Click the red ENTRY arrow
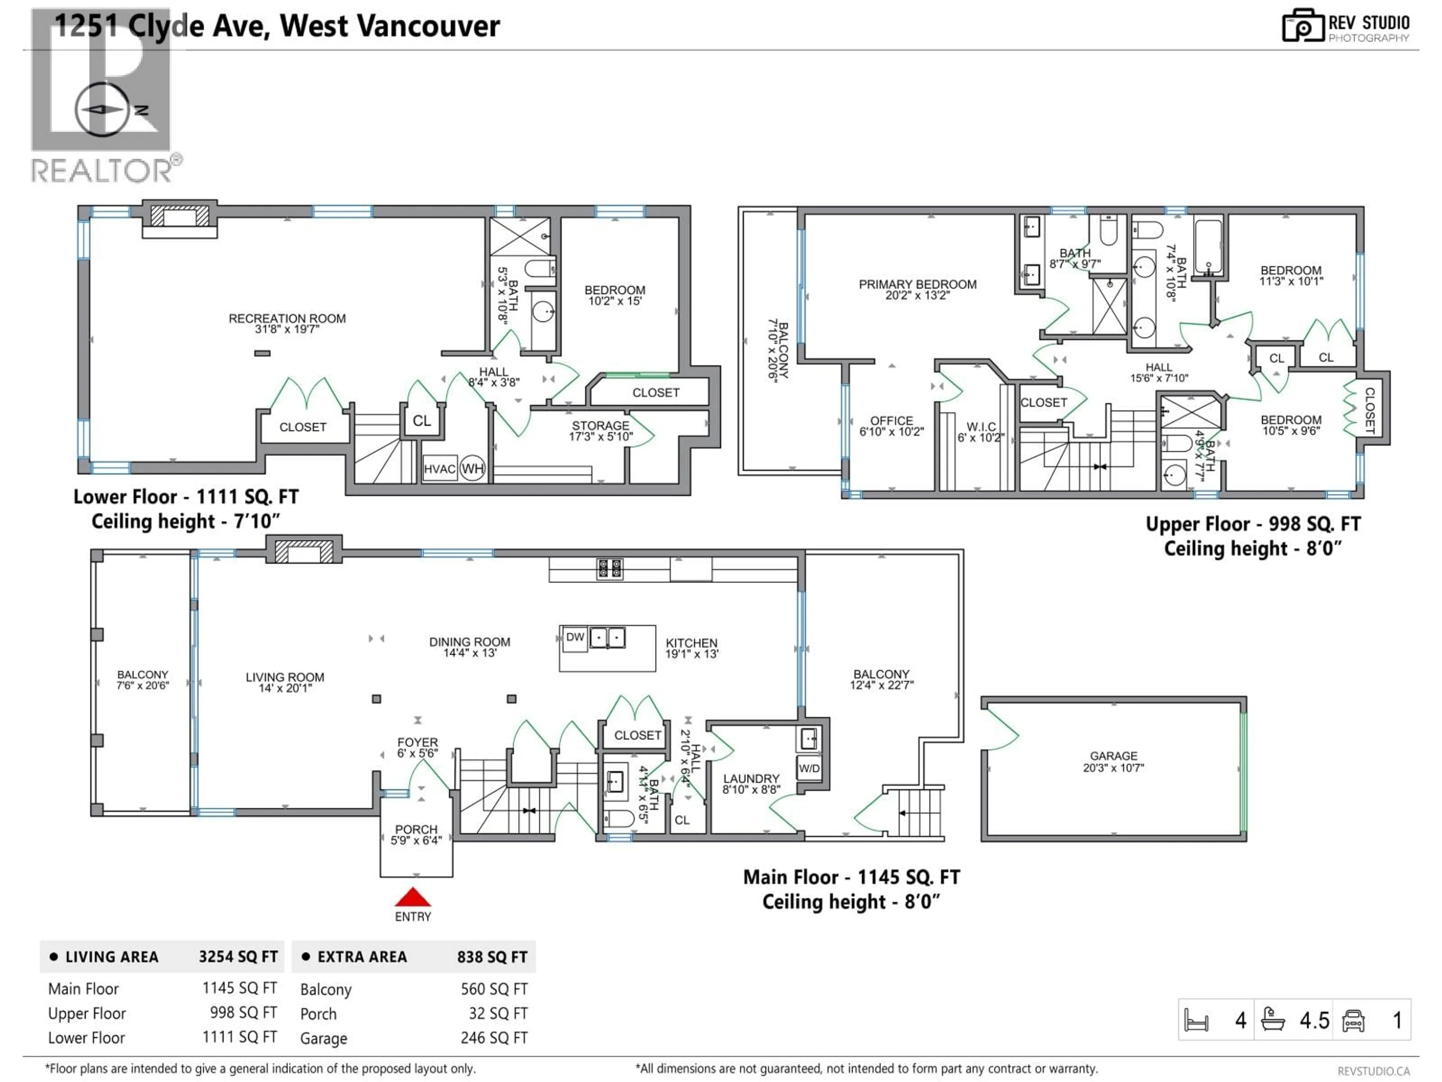pyautogui.click(x=413, y=898)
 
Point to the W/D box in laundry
pyautogui.click(x=809, y=768)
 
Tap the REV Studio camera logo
pyautogui.click(x=1302, y=26)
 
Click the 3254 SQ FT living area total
pyautogui.click(x=238, y=957)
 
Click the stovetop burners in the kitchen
pyautogui.click(x=609, y=569)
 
